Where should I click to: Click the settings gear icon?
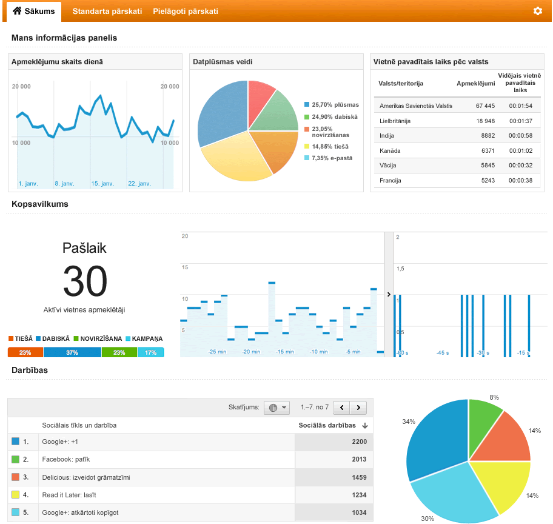coord(537,11)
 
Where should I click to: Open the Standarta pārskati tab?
coord(107,12)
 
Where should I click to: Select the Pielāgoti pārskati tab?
coord(186,12)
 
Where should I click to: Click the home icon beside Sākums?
coord(17,10)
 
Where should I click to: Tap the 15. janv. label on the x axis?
coord(102,184)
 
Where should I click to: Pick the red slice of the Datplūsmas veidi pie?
coord(260,101)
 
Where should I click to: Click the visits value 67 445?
coord(485,106)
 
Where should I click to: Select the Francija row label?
coord(390,181)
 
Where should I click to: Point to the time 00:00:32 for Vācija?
coord(520,166)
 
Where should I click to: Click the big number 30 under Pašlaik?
coord(85,281)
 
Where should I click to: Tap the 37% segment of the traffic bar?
coord(72,352)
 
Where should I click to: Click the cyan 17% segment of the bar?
coord(150,352)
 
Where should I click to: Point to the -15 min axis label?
coord(285,352)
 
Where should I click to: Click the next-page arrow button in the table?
coord(358,408)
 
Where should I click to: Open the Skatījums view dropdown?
coord(277,408)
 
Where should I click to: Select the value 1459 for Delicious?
coord(360,477)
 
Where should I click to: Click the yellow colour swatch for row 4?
coord(15,494)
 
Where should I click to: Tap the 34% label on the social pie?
coord(409,422)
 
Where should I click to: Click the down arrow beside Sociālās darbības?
coord(365,426)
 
